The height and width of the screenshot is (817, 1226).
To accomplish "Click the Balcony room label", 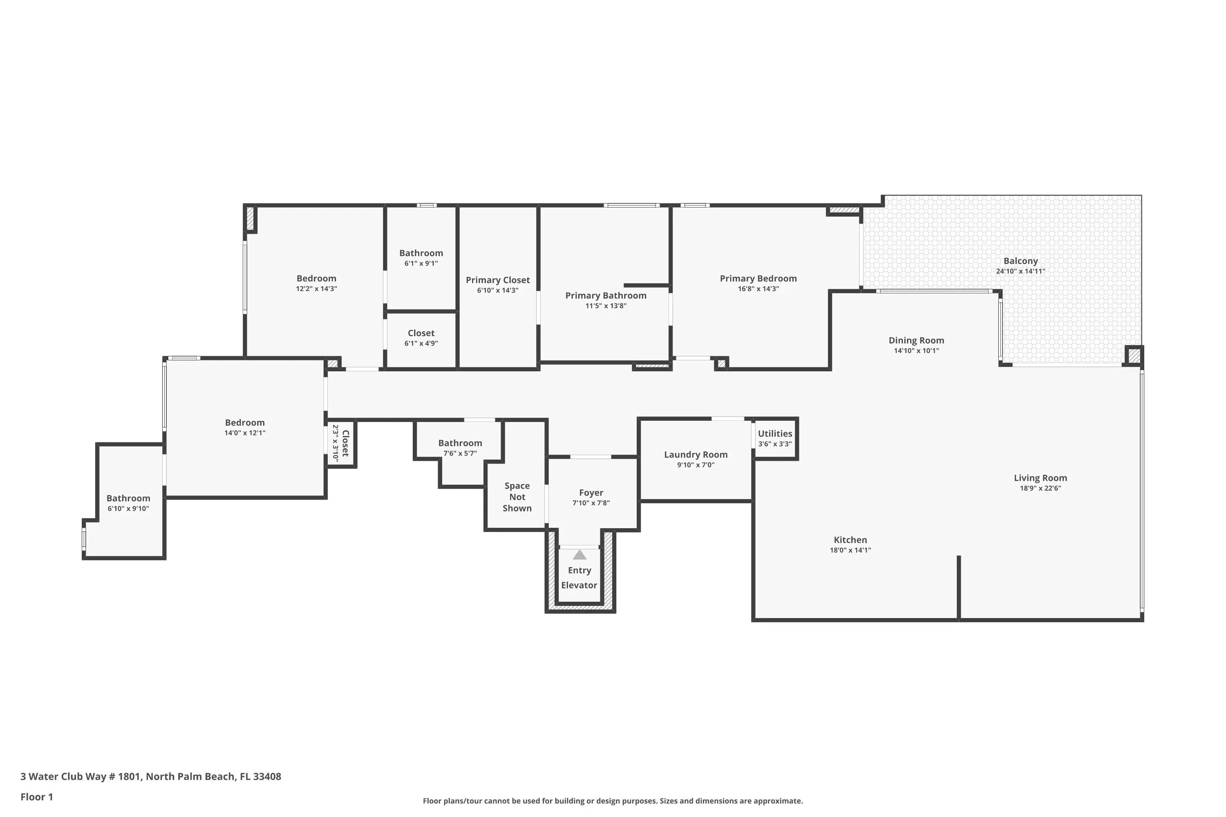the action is pyautogui.click(x=1020, y=261).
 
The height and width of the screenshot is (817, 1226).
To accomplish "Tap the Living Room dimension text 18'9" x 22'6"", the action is pyautogui.click(x=1040, y=488).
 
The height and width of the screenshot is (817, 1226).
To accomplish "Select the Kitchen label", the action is pyautogui.click(x=850, y=540).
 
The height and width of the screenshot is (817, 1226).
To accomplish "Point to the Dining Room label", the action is pyautogui.click(x=916, y=341).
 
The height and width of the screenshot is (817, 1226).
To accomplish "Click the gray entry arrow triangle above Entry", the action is pyautogui.click(x=579, y=554).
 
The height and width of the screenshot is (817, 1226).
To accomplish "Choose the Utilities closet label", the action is pyautogui.click(x=775, y=433).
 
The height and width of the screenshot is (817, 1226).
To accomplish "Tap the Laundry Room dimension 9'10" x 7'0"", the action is pyautogui.click(x=696, y=465).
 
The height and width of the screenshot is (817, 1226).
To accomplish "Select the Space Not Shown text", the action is pyautogui.click(x=517, y=497).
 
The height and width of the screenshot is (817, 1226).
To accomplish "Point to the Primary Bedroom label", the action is pyautogui.click(x=758, y=279).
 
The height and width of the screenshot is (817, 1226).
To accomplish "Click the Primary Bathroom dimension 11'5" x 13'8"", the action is pyautogui.click(x=606, y=306).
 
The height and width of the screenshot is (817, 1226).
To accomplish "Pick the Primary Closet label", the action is pyautogui.click(x=498, y=280).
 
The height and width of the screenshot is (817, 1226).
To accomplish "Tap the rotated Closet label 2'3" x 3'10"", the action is pyautogui.click(x=340, y=443).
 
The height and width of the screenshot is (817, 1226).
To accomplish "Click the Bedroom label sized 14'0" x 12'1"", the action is pyautogui.click(x=245, y=422).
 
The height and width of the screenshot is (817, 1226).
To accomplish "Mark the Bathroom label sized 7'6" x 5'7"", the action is pyautogui.click(x=460, y=443).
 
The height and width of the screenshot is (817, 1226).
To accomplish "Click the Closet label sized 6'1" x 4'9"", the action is pyautogui.click(x=421, y=333).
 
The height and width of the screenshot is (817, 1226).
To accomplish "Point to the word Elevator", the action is pyautogui.click(x=579, y=585).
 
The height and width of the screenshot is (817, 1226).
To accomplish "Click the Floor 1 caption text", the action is pyautogui.click(x=36, y=797).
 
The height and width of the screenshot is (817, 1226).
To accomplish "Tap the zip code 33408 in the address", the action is pyautogui.click(x=267, y=777).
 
